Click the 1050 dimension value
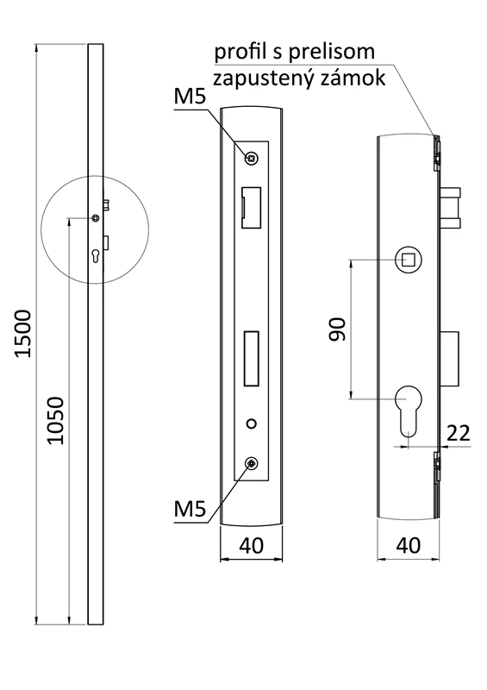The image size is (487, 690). pyautogui.click(x=54, y=420)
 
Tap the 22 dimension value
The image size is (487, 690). pyautogui.click(x=459, y=433)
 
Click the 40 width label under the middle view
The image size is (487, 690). pyautogui.click(x=251, y=545)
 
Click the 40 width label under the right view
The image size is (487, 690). pyautogui.click(x=409, y=545)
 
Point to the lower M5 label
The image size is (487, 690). pyautogui.click(x=189, y=509)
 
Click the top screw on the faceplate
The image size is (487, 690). pyautogui.click(x=251, y=157)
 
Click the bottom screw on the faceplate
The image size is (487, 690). pyautogui.click(x=251, y=465)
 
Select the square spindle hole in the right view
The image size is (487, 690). pyautogui.click(x=408, y=259)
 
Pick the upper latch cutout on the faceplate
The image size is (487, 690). pyautogui.click(x=250, y=208)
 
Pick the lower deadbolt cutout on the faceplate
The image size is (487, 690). pyautogui.click(x=251, y=358)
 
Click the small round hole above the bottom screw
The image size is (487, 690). pyautogui.click(x=251, y=424)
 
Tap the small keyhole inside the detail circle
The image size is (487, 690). pyautogui.click(x=95, y=254)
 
